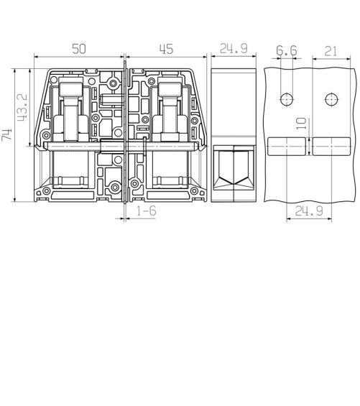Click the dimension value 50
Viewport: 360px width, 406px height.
79,49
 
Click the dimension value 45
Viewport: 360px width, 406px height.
166,49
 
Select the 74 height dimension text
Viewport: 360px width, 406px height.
6,134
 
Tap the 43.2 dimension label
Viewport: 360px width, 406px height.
22,108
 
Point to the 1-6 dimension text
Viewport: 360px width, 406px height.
147,211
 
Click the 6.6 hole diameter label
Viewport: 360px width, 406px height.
287,50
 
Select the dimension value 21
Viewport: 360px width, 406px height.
331,51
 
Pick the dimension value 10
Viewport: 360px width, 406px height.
301,124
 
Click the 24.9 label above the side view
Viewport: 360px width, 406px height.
234,48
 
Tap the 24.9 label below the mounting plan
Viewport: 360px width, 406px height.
309,211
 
